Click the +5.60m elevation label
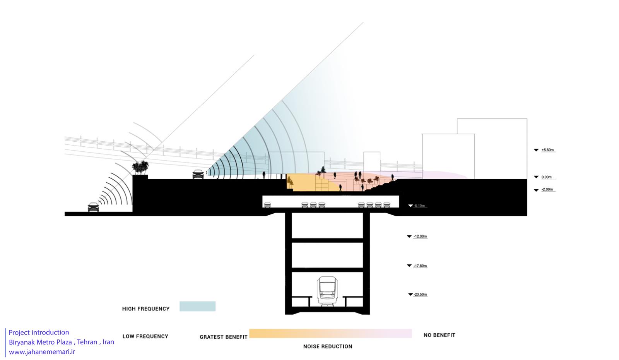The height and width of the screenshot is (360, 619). pos(547,150)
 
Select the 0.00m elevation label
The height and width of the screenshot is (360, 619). pos(546,177)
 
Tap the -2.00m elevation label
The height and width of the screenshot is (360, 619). pos(547,189)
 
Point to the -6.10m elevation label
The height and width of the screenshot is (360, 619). pos(419,206)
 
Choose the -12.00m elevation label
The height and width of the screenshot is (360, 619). pos(420,237)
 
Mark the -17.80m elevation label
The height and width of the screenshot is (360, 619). pos(420,266)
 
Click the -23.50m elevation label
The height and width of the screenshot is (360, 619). pos(420,295)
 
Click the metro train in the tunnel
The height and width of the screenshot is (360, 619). pos(327,291)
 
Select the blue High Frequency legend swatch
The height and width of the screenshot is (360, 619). pos(197,306)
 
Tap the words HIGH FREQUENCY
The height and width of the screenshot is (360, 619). pos(146,309)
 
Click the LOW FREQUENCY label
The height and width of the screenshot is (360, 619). pos(145,336)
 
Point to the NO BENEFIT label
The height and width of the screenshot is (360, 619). pos(439,335)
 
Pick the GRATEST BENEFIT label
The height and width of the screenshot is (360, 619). pos(224,337)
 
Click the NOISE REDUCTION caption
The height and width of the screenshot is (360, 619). pos(328,346)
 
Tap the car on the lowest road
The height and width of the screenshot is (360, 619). pos(93,207)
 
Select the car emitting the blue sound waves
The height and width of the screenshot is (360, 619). pos(198,174)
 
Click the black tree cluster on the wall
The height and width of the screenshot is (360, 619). pos(140,168)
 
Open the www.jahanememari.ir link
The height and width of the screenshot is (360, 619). pos(42,352)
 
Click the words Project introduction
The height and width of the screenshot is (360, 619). pos(39,333)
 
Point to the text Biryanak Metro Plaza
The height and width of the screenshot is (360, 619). pos(40,342)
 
